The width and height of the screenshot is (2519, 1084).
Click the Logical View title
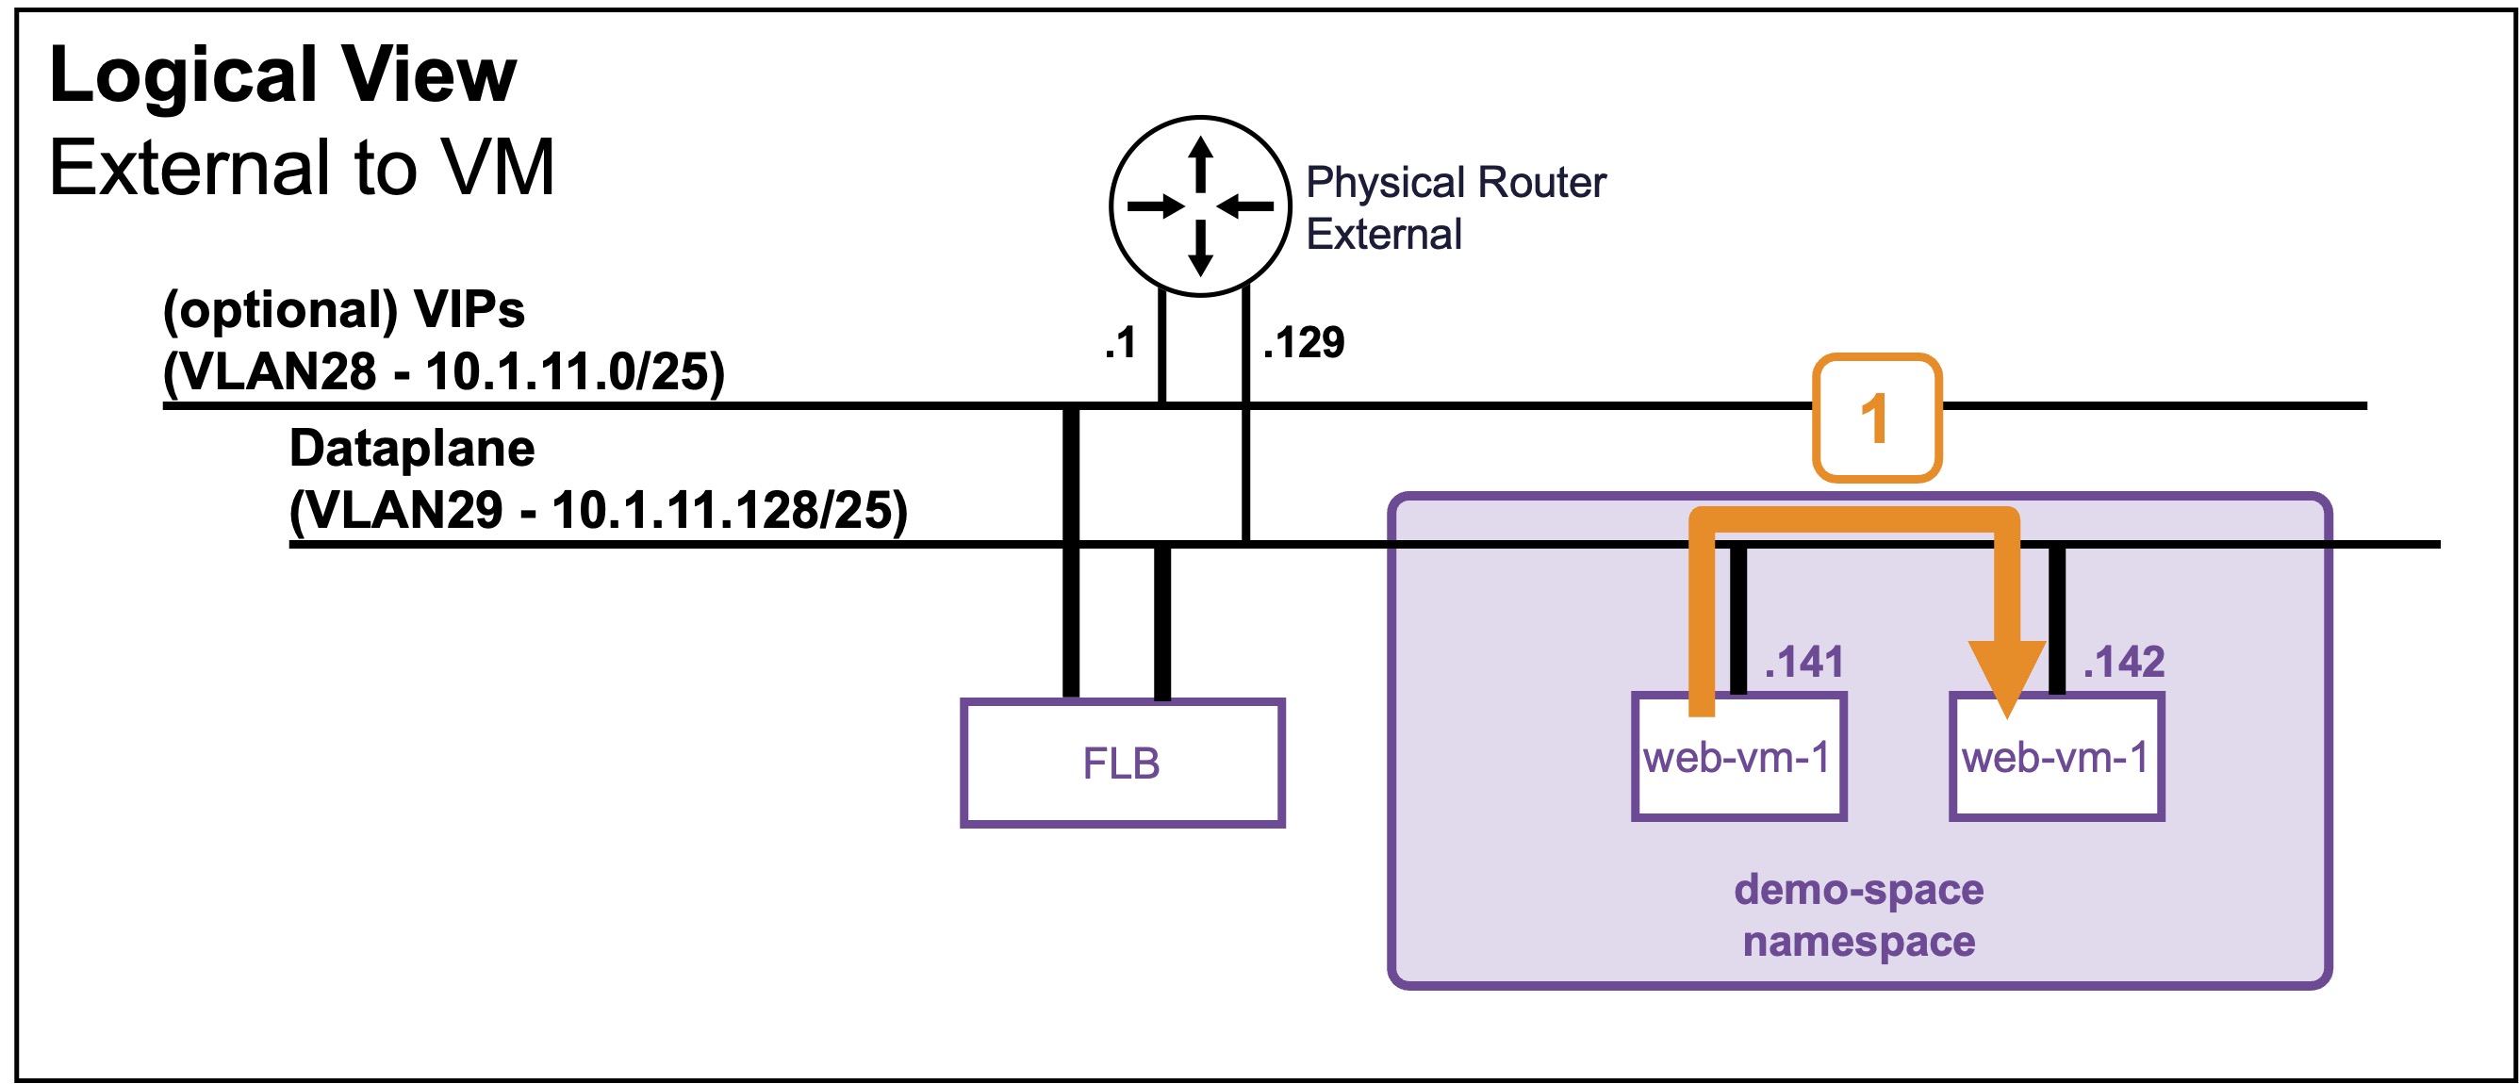[x=283, y=75]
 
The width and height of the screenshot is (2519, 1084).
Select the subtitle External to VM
[x=303, y=167]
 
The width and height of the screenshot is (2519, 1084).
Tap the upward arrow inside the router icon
[x=1201, y=164]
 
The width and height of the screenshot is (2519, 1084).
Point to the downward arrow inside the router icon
[x=1201, y=248]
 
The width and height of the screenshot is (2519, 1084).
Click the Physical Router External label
[x=1455, y=208]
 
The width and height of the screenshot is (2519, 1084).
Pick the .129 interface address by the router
[x=1304, y=343]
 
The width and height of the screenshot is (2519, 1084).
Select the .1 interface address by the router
[x=1121, y=343]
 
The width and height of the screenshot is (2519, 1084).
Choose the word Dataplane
[x=412, y=449]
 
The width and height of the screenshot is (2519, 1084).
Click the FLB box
[x=1122, y=764]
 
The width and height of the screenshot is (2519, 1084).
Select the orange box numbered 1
[x=1877, y=419]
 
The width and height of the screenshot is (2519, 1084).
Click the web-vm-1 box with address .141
[x=1738, y=757]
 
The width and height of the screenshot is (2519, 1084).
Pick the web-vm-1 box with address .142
[x=2056, y=757]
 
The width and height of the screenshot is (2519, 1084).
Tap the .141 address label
[x=1803, y=662]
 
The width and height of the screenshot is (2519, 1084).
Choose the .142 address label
[x=2123, y=662]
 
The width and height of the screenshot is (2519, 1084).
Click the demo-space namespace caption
[x=1859, y=916]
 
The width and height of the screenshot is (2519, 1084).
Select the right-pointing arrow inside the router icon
[x=1156, y=206]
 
